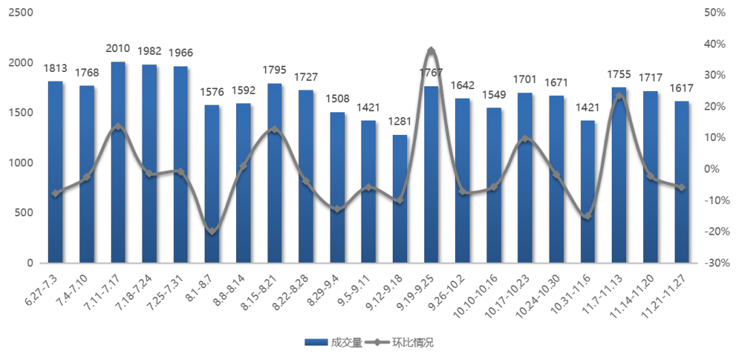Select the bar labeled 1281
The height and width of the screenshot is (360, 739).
point(400,198)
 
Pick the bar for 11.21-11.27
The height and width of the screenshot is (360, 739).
point(682,181)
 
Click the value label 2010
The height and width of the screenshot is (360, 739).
point(118,49)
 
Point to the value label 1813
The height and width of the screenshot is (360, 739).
point(55,68)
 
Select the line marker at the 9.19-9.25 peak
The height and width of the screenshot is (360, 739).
point(431,51)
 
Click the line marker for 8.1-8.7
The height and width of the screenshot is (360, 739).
point(212,231)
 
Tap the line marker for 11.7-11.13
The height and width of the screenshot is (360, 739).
point(619,96)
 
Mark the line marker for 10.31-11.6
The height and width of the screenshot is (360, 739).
point(588,216)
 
